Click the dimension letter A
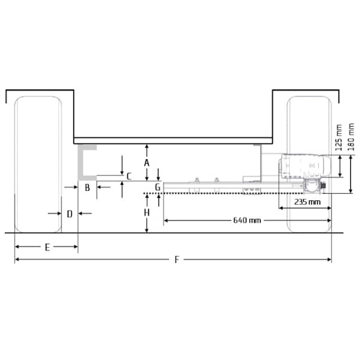(147, 163)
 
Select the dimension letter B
(87, 188)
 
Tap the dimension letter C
(129, 176)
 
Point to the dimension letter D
(70, 214)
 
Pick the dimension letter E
(47, 247)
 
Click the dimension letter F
(176, 260)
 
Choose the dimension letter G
(157, 187)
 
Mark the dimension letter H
(147, 213)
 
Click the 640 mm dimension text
(247, 220)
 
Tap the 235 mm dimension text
(307, 202)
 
